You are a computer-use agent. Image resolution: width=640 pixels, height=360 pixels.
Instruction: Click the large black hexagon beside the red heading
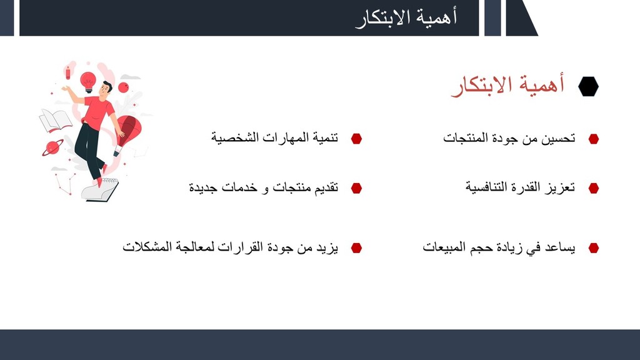pyautogui.click(x=588, y=86)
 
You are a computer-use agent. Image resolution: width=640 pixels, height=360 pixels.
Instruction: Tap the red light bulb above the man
pyautogui.click(x=87, y=82)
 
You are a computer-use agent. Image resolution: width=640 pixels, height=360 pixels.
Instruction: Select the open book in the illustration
pyautogui.click(x=55, y=121)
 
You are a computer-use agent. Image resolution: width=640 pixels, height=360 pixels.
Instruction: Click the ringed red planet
pyautogui.click(x=52, y=147)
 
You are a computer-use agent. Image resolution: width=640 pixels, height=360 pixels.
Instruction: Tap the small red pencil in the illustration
pyautogui.click(x=67, y=73)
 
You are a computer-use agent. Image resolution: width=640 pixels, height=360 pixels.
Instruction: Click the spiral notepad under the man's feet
pyautogui.click(x=100, y=189)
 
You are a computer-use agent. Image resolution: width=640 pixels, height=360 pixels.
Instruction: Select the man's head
pyautogui.click(x=106, y=89)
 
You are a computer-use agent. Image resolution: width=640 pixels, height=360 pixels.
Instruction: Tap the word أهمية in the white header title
pyautogui.click(x=437, y=17)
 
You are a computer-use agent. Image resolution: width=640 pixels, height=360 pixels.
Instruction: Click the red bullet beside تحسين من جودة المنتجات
pyautogui.click(x=594, y=139)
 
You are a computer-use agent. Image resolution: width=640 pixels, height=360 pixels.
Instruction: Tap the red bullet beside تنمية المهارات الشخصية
pyautogui.click(x=356, y=139)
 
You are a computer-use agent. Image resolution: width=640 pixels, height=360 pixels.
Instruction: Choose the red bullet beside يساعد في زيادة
pyautogui.click(x=594, y=247)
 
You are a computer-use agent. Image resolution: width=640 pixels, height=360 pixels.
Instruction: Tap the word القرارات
pyautogui.click(x=239, y=247)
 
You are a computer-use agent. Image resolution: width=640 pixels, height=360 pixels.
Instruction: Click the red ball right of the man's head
pyautogui.click(x=123, y=87)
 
